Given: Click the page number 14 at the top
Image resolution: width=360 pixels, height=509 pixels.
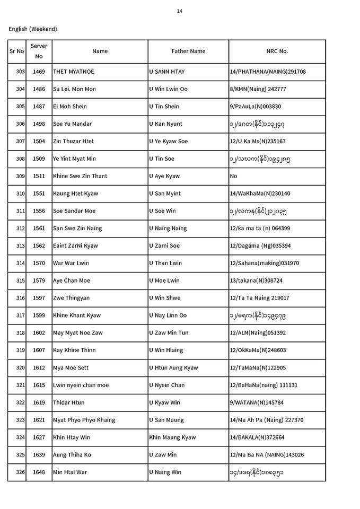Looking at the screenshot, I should tap(180, 11).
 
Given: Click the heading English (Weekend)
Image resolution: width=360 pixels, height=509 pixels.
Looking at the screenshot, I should tap(33, 29).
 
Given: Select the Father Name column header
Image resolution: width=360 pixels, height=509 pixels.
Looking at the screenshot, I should tap(188, 51).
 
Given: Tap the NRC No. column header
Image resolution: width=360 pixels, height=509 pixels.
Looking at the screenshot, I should tap(277, 51).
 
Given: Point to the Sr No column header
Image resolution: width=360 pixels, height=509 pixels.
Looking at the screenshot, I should tap(16, 51).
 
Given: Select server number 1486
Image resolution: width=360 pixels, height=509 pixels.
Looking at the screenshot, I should tap(39, 89).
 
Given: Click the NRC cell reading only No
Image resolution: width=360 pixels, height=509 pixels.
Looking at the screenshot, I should tap(234, 176).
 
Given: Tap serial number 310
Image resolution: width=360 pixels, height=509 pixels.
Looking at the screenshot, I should tap(21, 194).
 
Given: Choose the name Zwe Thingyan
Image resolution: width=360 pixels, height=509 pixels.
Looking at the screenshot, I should tap(73, 298).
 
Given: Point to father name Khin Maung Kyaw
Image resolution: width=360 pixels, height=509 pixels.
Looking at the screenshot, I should tap(172, 437).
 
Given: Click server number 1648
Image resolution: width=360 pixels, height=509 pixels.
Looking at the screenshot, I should tap(39, 472).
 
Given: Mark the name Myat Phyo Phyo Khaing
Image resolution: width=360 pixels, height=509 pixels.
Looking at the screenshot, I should tap(84, 420).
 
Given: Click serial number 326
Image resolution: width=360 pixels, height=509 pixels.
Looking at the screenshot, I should tap(21, 472).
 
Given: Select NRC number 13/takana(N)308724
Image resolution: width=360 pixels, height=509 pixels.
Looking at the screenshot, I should tap(257, 280).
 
